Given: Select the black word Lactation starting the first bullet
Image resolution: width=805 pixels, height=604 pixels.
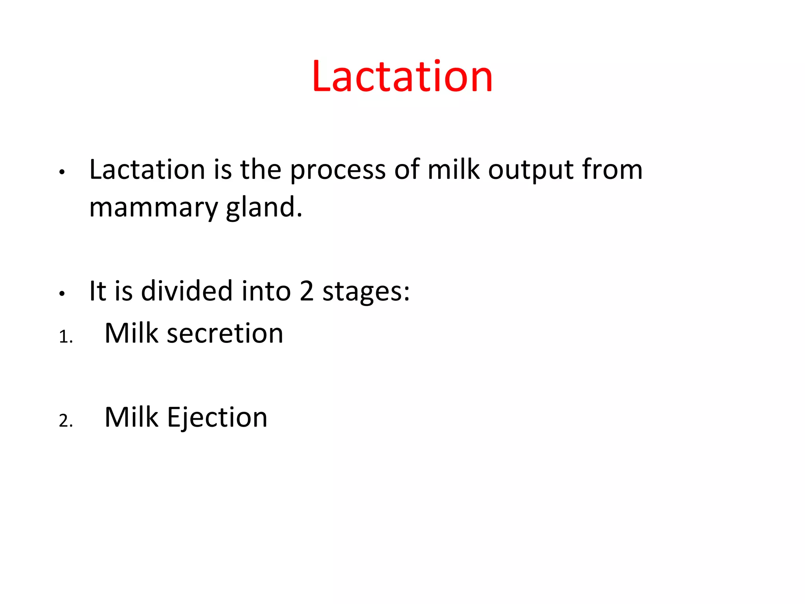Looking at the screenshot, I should tap(147, 169).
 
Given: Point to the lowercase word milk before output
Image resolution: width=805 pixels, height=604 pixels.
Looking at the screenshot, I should tap(454, 169).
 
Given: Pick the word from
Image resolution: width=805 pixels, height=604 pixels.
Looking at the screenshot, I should tap(612, 169).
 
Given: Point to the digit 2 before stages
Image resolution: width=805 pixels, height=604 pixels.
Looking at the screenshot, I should tap(307, 291).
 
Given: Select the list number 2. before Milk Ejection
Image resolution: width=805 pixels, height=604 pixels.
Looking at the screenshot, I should tap(66, 421).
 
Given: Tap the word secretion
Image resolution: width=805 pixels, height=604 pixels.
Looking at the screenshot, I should tap(225, 333).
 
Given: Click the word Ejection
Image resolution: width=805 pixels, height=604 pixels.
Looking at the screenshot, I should tap(217, 418).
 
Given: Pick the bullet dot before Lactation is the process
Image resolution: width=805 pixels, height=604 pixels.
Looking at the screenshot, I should tap(61, 172).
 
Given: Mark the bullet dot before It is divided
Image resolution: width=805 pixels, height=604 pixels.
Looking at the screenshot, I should tap(61, 294).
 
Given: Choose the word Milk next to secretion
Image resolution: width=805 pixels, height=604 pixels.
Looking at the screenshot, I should tap(131, 333).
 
